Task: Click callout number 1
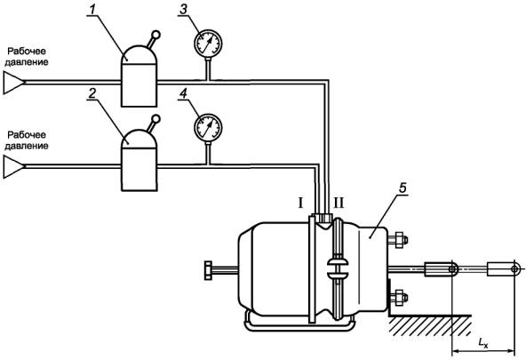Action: [x=91, y=11]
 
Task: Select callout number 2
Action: [x=92, y=94]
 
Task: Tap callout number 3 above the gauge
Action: [x=183, y=10]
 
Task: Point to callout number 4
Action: [x=183, y=94]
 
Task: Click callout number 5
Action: [x=402, y=188]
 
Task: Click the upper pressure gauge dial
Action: [x=208, y=44]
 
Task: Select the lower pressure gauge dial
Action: [x=208, y=127]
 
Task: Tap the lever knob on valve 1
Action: [x=156, y=34]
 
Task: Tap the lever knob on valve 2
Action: [x=156, y=118]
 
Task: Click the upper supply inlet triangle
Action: [x=14, y=82]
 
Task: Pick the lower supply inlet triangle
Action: [x=14, y=166]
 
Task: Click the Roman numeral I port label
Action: [x=300, y=203]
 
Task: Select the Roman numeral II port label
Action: [x=339, y=203]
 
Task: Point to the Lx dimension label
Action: [x=483, y=342]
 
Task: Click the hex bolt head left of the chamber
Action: [x=208, y=270]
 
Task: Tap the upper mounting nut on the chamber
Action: [x=399, y=240]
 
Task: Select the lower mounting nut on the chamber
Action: [x=399, y=298]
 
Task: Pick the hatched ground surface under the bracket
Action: [x=430, y=324]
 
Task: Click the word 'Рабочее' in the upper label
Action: [x=27, y=52]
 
